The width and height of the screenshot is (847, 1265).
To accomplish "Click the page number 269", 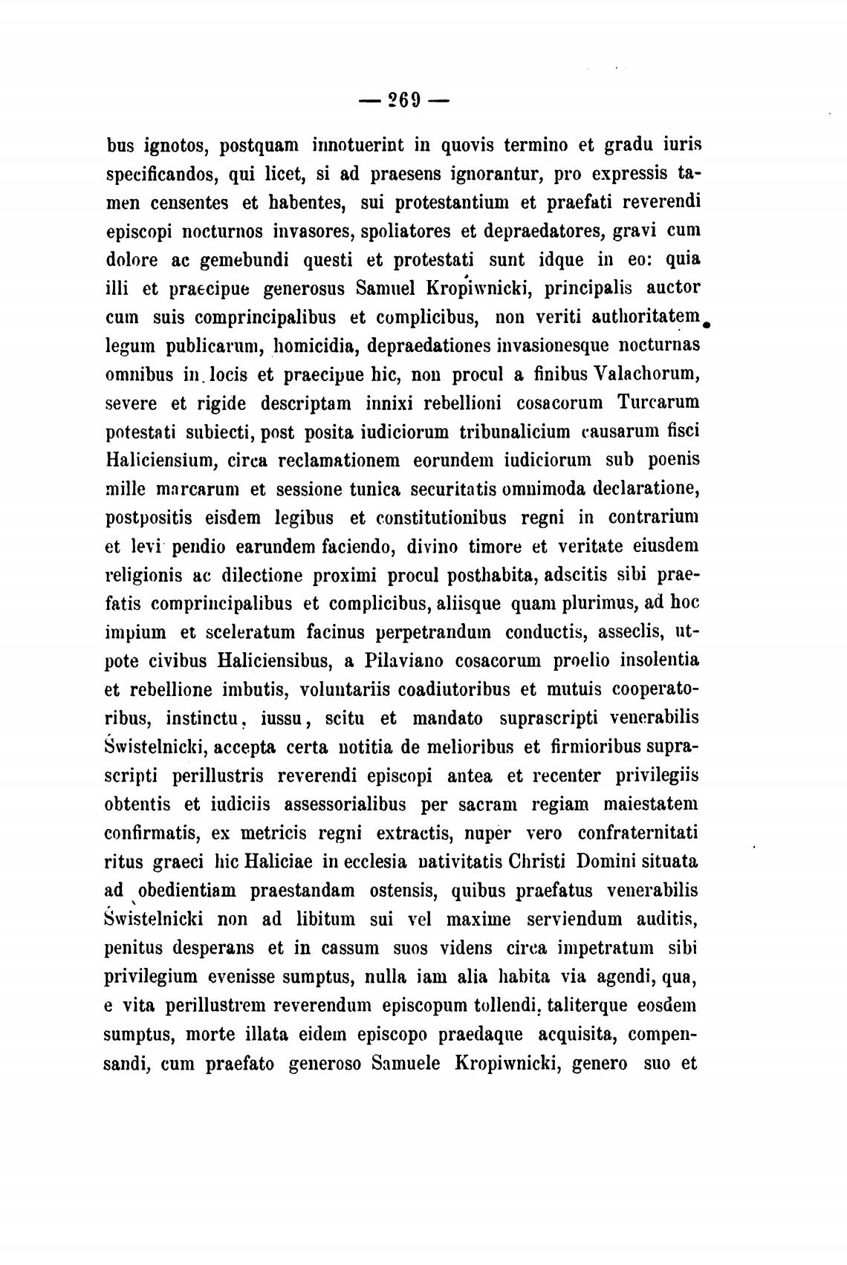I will click(x=402, y=100).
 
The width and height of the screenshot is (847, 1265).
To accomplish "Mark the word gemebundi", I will click(x=248, y=260).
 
